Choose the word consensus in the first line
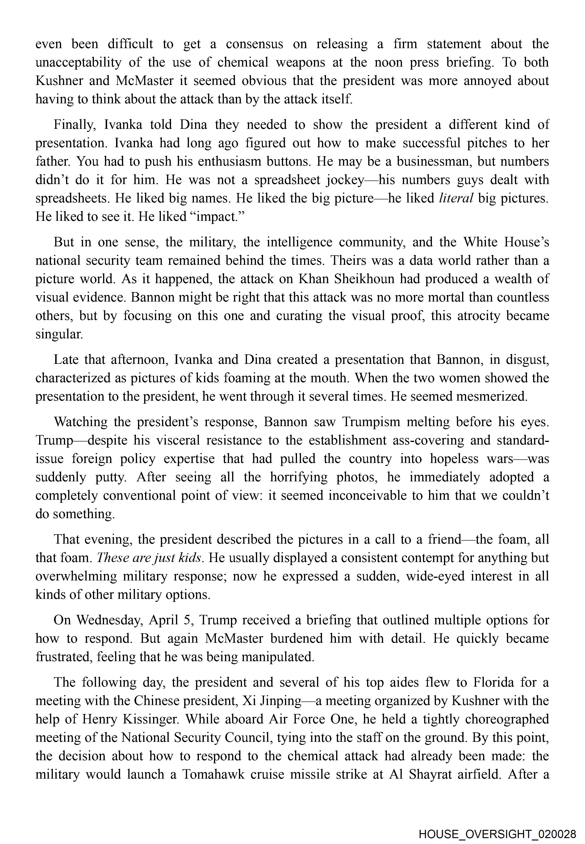click(x=254, y=44)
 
